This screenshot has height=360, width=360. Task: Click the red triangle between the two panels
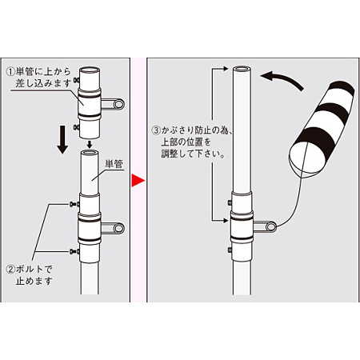point(137,180)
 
